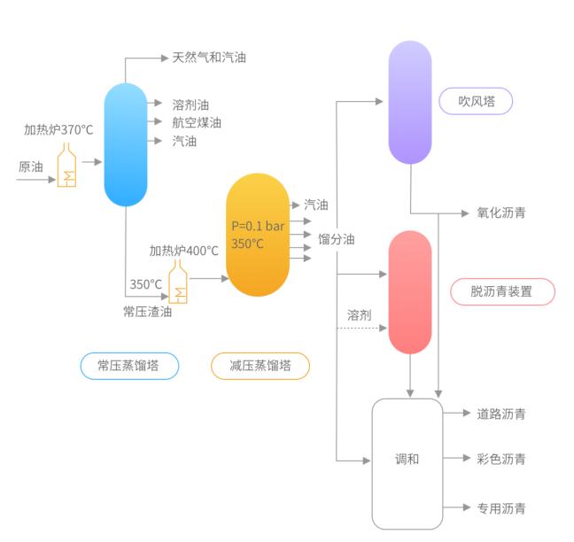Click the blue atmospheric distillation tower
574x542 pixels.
pos(125,144)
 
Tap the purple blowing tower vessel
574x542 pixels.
pos(410,102)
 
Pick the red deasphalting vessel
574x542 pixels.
pos(410,291)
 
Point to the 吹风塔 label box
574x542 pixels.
pos(476,100)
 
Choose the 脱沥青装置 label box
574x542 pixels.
pos(501,291)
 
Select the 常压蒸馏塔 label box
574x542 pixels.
pos(129,365)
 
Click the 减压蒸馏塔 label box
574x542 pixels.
pos(260,365)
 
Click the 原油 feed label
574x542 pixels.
pos(30,166)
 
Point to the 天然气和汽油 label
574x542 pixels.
pos(209,58)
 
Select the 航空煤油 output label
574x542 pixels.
pos(197,122)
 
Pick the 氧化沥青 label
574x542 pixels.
pos(501,213)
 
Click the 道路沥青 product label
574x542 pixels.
pos(501,413)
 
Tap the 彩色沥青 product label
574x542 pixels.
pos(501,459)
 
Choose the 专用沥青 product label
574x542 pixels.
pos(501,507)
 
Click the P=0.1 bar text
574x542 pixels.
pos(258,225)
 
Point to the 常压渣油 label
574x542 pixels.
pos(147,311)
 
